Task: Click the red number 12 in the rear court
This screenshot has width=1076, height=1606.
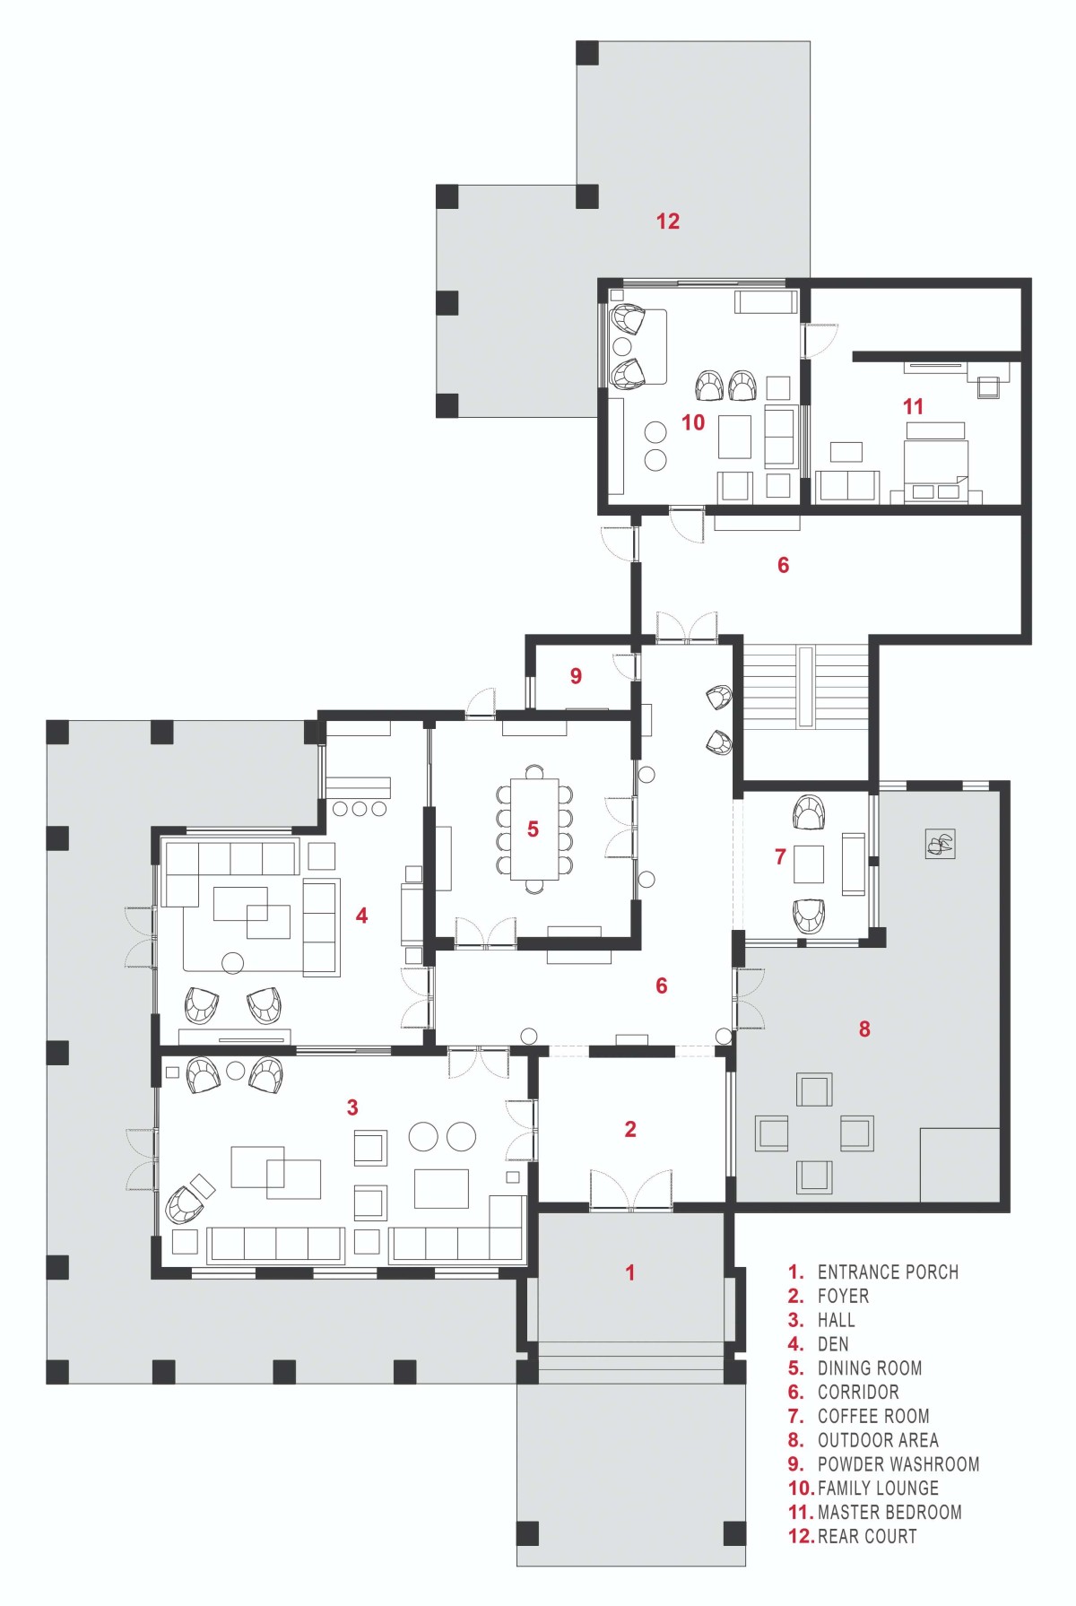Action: pos(668,221)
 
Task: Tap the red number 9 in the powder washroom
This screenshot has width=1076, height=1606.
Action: pos(576,676)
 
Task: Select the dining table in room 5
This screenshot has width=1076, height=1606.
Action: pos(534,829)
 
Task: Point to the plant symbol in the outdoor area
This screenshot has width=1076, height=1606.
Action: pos(941,843)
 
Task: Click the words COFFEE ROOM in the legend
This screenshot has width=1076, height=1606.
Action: pos(873,1416)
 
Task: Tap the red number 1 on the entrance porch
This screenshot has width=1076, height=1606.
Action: pos(630,1272)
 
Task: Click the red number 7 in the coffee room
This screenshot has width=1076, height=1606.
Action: pos(780,856)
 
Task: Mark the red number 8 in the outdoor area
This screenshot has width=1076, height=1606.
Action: pos(864,1029)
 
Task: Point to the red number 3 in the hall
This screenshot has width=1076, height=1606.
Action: pos(352,1107)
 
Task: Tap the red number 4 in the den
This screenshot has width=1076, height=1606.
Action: pos(361,916)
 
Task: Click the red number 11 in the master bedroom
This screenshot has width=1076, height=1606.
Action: pos(913,406)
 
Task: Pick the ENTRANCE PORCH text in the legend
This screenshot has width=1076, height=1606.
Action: pos(888,1272)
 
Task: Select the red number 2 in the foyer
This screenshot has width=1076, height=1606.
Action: pos(630,1129)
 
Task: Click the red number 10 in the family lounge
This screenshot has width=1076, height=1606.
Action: pos(693,422)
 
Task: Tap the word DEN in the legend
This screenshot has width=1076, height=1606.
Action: pos(833,1344)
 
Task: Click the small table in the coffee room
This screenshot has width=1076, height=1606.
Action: pos(809,864)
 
